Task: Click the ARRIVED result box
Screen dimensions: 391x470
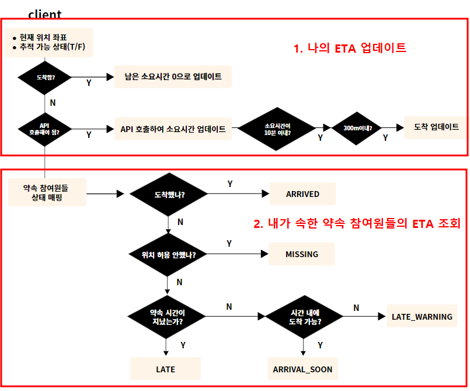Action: [302, 193]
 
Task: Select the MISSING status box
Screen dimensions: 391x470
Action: [301, 254]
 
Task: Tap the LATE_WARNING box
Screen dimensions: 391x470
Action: [422, 317]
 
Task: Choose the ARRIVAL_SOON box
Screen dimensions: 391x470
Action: [302, 369]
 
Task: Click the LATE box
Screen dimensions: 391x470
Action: [165, 369]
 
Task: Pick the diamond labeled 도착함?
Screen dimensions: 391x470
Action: [44, 77]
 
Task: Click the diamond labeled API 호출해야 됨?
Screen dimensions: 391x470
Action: [44, 128]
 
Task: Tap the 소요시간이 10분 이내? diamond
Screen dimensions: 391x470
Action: [277, 129]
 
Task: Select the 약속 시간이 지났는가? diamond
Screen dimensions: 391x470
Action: [168, 317]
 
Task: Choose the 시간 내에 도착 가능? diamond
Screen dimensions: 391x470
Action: [304, 316]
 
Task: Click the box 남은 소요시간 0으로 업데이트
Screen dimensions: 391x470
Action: [173, 77]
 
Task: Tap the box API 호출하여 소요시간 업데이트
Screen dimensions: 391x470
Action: [173, 129]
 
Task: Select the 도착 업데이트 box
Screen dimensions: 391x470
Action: [436, 127]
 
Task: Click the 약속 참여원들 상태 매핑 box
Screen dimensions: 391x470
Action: [47, 192]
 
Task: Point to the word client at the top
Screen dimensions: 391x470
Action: [44, 14]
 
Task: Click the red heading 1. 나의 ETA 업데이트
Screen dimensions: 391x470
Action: [350, 48]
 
